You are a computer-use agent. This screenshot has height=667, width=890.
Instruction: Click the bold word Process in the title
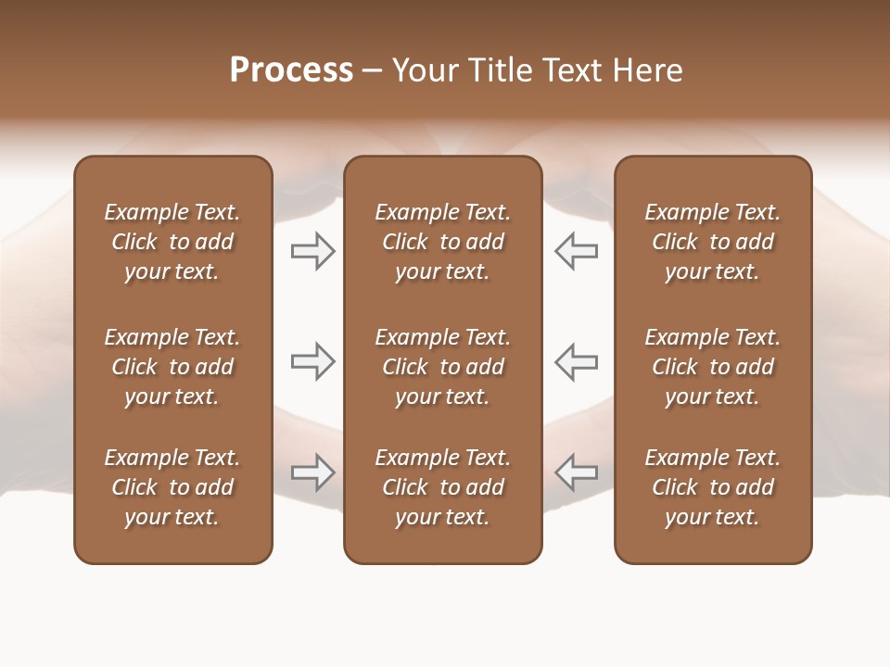click(x=291, y=70)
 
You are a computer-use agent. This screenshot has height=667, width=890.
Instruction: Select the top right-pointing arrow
click(x=312, y=251)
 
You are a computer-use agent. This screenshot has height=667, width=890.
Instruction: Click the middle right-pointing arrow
click(x=312, y=361)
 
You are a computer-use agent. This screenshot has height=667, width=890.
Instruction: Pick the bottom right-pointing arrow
click(x=312, y=472)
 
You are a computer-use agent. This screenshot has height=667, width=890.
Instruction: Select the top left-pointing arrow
click(x=577, y=251)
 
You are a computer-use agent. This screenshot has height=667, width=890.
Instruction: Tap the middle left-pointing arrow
click(x=577, y=361)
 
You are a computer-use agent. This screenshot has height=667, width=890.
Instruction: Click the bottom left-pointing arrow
click(x=577, y=472)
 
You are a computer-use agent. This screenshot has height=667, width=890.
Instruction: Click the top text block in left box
click(x=172, y=242)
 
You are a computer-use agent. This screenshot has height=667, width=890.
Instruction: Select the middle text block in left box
click(x=172, y=367)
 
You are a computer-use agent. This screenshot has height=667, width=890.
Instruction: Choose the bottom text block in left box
click(x=172, y=487)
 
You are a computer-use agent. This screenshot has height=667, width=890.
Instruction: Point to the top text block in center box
click(x=442, y=242)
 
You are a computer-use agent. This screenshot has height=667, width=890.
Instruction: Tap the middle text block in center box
click(x=442, y=367)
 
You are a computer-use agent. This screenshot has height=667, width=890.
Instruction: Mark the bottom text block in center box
click(x=442, y=487)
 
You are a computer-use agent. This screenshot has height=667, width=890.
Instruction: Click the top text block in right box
click(x=712, y=242)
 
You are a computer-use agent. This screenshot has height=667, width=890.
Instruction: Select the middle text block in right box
click(x=712, y=367)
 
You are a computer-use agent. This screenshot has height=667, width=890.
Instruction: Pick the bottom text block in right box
click(x=712, y=487)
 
